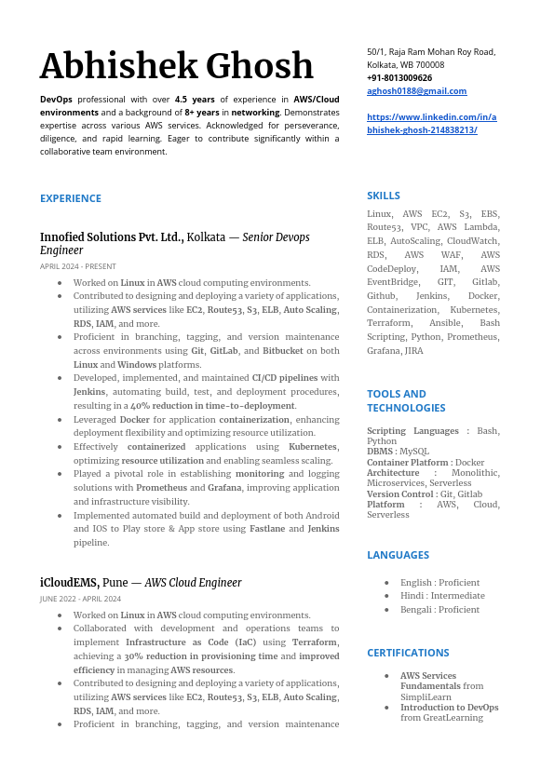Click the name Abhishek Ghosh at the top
click(x=177, y=66)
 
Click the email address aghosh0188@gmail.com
click(x=416, y=91)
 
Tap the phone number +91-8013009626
click(x=399, y=78)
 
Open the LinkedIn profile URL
click(x=431, y=124)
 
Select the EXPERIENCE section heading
click(x=71, y=198)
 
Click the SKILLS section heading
click(x=384, y=196)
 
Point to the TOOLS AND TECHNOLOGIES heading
click(x=406, y=400)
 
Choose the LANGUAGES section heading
click(x=398, y=555)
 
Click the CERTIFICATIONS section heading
click(x=408, y=653)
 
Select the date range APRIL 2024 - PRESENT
click(x=78, y=266)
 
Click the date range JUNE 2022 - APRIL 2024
click(x=80, y=599)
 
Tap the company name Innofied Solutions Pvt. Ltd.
click(x=112, y=237)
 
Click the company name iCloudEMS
click(x=69, y=583)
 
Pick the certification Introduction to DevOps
click(x=449, y=708)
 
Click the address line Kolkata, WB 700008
click(x=405, y=65)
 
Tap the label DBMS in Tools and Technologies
click(x=380, y=451)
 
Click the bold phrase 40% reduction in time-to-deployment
click(x=212, y=406)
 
